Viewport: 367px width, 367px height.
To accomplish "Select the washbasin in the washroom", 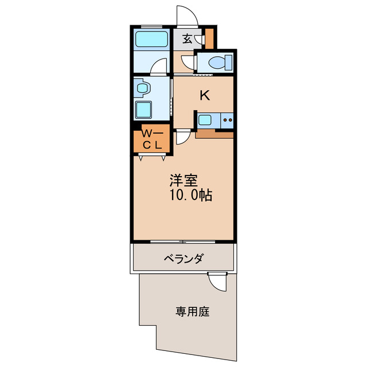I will coord(142,89).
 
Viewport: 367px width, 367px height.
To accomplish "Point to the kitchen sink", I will coord(205,120).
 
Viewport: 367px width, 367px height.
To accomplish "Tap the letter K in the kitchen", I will coord(204,95).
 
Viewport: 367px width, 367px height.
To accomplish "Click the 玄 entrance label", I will coord(188,39).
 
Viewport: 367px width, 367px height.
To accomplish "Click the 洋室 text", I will coord(183,180).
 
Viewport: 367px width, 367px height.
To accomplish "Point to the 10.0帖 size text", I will coord(190,195).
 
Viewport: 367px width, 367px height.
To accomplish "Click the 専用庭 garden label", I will coord(192,312).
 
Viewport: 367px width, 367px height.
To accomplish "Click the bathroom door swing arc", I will coord(159,67).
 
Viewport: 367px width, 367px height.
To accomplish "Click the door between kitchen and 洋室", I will coord(183,137).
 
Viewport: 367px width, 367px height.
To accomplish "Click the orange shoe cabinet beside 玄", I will coord(209,38).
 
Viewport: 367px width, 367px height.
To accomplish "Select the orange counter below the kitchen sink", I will coord(214,135).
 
